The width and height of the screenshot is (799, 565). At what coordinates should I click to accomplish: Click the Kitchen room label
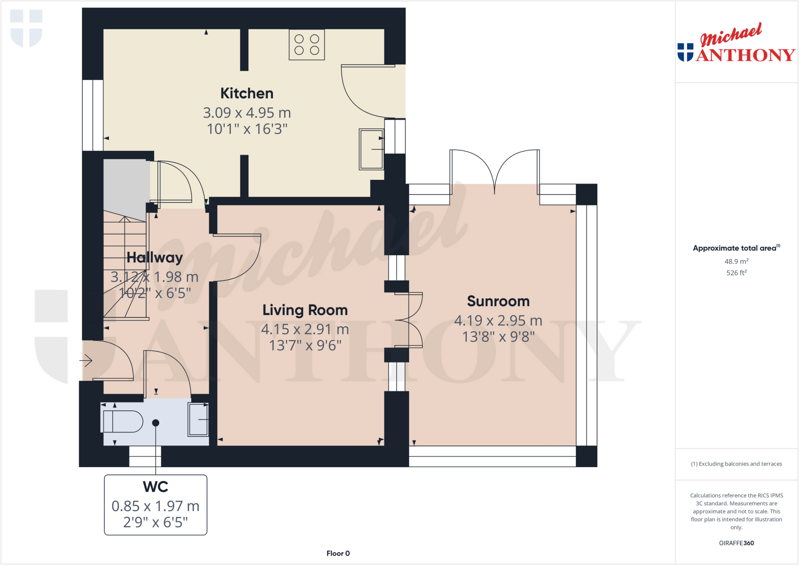[247, 94]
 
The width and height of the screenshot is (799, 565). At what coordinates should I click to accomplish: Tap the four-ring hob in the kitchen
[307, 45]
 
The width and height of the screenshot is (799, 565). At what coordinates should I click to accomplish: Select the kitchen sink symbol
[371, 149]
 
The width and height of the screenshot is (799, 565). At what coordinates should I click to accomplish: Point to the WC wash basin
[198, 419]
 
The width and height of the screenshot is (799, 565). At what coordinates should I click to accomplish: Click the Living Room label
[305, 310]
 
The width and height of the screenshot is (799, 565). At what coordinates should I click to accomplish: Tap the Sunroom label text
[498, 301]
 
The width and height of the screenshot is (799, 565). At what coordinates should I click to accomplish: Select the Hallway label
[155, 257]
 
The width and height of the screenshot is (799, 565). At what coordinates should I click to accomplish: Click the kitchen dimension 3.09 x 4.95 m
[247, 113]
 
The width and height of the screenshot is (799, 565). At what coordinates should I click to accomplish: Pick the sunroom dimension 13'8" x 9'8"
[498, 337]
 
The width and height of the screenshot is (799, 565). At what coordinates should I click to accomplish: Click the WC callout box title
[155, 487]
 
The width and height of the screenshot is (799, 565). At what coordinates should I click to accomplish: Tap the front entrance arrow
[86, 360]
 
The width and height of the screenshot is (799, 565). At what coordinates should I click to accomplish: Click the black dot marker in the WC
[156, 423]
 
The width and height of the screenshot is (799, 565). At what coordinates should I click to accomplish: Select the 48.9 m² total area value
[736, 261]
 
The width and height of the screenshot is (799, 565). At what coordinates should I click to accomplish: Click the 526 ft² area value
[736, 273]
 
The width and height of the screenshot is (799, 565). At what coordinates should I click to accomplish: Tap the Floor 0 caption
[338, 553]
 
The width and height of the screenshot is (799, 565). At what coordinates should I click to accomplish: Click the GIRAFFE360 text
[736, 543]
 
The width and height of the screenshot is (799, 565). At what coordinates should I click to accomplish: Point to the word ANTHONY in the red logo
[745, 55]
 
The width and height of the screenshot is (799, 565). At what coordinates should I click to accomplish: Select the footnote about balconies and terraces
[736, 464]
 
